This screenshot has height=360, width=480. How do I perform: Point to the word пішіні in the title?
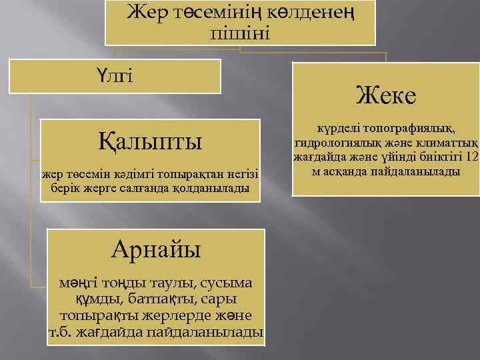(x=240, y=32)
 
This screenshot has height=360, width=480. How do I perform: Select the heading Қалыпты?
(x=150, y=142)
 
